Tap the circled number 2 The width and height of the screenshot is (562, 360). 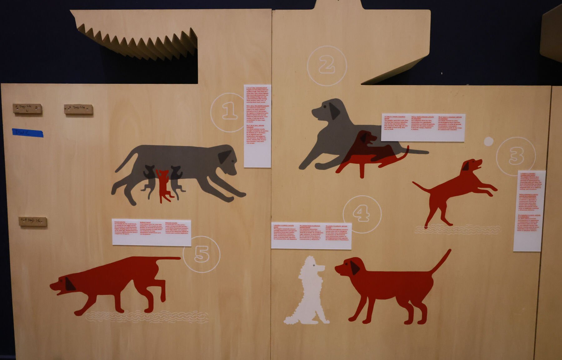click(327, 66)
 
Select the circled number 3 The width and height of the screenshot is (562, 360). click(516, 156)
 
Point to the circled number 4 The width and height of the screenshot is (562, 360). click(362, 214)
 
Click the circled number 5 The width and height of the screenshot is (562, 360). click(201, 254)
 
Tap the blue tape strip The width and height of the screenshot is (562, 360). click(27, 133)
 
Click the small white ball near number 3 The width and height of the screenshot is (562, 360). click(489, 141)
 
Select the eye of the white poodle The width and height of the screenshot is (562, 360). click(314, 265)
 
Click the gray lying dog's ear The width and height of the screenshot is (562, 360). click(334, 111)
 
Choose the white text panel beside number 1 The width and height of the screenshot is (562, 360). click(257, 126)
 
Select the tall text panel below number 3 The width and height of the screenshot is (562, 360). click(529, 211)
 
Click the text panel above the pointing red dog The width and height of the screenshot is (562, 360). click(152, 232)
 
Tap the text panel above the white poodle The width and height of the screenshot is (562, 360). click(311, 236)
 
